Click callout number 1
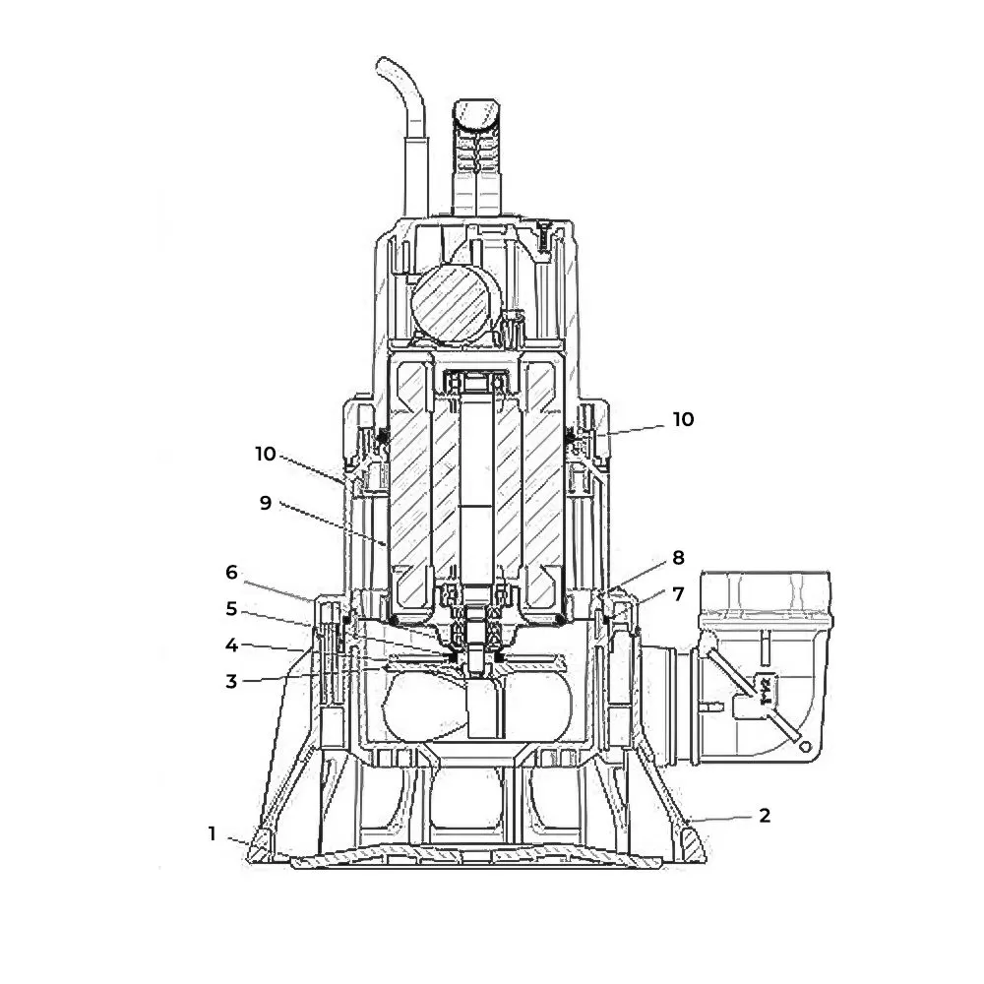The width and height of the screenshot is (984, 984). (213, 833)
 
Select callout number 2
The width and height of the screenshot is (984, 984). (765, 815)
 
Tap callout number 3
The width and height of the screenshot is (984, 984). (231, 682)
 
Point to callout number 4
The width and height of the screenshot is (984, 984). (231, 646)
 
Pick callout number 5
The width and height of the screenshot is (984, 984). (231, 609)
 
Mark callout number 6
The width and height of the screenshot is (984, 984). (231, 573)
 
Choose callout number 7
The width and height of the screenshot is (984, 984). (678, 593)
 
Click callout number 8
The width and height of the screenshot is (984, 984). (678, 557)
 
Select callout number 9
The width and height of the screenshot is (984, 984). (266, 503)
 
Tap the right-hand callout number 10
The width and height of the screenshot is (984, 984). (684, 419)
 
